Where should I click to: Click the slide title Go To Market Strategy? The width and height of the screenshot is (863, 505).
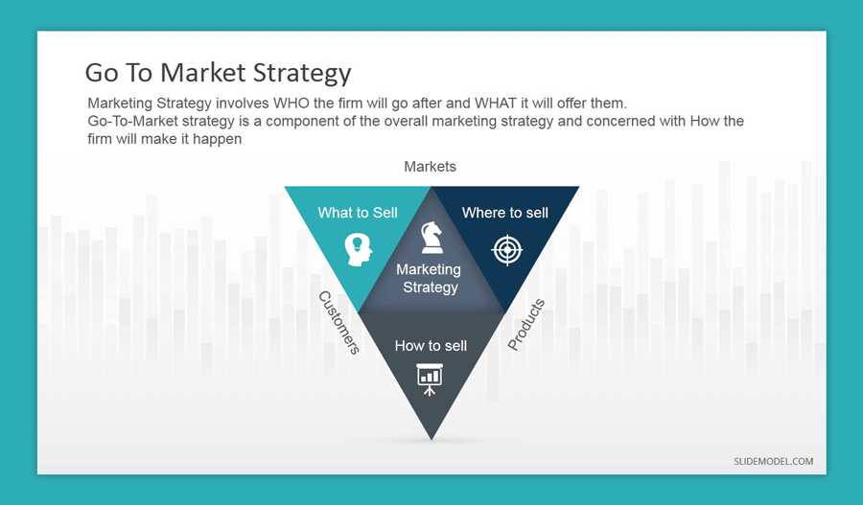(218, 73)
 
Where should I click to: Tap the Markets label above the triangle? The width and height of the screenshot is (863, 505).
(430, 167)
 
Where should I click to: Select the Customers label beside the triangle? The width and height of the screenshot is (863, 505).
(338, 323)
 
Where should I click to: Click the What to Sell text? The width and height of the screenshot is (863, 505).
(358, 213)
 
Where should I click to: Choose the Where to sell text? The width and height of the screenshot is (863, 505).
(504, 213)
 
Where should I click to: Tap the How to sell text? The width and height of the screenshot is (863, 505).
(431, 346)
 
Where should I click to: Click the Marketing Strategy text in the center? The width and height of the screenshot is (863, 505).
(430, 279)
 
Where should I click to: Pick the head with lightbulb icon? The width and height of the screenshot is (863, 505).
(358, 248)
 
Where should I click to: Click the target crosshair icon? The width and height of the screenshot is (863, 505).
(505, 249)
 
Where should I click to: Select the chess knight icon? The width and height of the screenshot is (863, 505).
(431, 237)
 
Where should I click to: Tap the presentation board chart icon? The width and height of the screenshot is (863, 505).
(430, 377)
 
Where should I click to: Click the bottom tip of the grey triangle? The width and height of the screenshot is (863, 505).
(431, 436)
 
